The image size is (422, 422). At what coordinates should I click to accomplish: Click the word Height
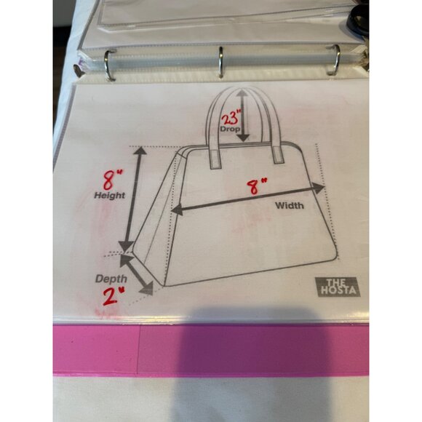point(110,196)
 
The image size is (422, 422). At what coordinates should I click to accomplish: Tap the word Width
point(290,206)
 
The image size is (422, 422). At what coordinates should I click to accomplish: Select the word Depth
point(111,279)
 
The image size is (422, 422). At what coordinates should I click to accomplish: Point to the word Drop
point(230,130)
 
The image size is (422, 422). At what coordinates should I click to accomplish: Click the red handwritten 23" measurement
point(231,117)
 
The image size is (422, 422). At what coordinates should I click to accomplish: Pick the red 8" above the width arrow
point(257,186)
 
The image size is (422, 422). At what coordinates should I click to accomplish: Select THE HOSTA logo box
point(338,287)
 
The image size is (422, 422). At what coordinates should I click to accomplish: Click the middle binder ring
point(220,62)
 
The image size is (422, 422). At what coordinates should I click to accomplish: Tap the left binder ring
point(109,65)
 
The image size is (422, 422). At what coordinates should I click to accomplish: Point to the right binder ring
point(334,60)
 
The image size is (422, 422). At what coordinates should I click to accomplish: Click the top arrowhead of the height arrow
point(140,151)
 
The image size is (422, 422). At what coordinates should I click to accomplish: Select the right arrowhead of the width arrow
point(319,188)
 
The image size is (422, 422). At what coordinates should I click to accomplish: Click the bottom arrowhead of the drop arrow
point(243,138)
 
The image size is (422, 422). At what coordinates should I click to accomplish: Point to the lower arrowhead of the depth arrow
point(147,289)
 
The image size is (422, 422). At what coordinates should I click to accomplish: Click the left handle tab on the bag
point(215,159)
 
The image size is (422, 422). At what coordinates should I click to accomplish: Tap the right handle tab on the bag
point(278,155)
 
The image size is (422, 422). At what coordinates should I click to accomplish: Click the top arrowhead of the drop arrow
point(242,93)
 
